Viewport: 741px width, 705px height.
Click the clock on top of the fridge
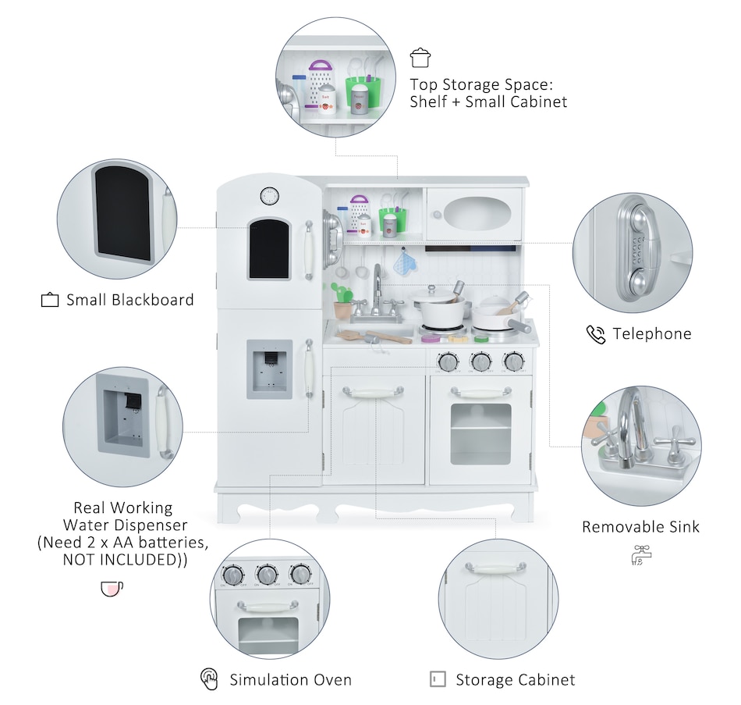[x=269, y=195]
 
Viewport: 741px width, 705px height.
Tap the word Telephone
[x=652, y=334]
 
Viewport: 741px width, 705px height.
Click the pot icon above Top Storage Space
[x=420, y=58]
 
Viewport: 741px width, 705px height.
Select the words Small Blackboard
[x=129, y=300]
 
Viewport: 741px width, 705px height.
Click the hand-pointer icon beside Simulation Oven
[x=209, y=679]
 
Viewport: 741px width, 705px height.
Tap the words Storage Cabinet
[x=515, y=680]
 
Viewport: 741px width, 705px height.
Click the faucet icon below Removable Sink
[x=640, y=555]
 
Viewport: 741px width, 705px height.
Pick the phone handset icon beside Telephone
[x=596, y=334]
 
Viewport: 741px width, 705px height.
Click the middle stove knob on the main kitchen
[x=480, y=361]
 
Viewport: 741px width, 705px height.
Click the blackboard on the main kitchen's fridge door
[x=269, y=248]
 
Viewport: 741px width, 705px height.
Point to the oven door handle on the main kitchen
[x=480, y=392]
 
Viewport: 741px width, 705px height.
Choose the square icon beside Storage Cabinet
[x=438, y=679]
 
